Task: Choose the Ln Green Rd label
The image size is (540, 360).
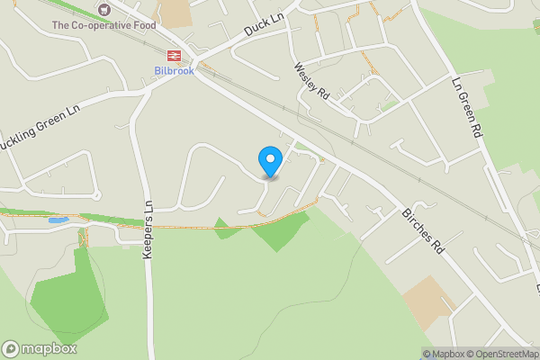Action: click(x=468, y=105)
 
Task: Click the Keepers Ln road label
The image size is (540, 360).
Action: click(x=148, y=230)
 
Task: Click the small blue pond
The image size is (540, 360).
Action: click(x=58, y=220)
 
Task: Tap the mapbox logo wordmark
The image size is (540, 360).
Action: click(x=49, y=349)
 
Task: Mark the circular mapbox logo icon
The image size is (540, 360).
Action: click(x=11, y=349)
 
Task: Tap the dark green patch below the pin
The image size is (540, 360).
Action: click(x=278, y=233)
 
